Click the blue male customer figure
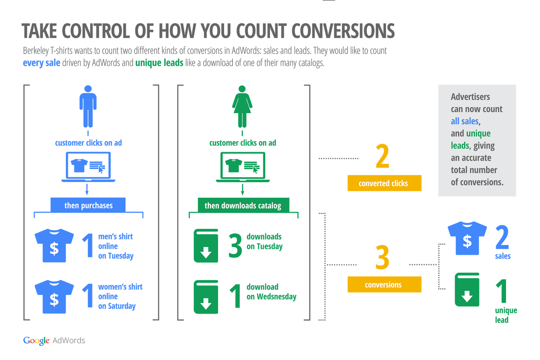88,106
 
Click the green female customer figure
242,106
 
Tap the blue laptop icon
88,167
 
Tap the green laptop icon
243,167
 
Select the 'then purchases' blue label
88,205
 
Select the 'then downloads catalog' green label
243,205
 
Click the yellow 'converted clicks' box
384,183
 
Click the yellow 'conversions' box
384,284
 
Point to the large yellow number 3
382,257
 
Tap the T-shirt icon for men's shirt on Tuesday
54,246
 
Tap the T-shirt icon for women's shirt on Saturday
54,297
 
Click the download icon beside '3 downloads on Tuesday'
206,246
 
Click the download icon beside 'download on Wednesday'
206,297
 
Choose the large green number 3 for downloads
235,246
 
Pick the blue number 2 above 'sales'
502,237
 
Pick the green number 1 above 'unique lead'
502,291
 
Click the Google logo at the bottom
36,340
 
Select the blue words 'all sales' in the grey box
465,121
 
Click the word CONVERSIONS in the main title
343,31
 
